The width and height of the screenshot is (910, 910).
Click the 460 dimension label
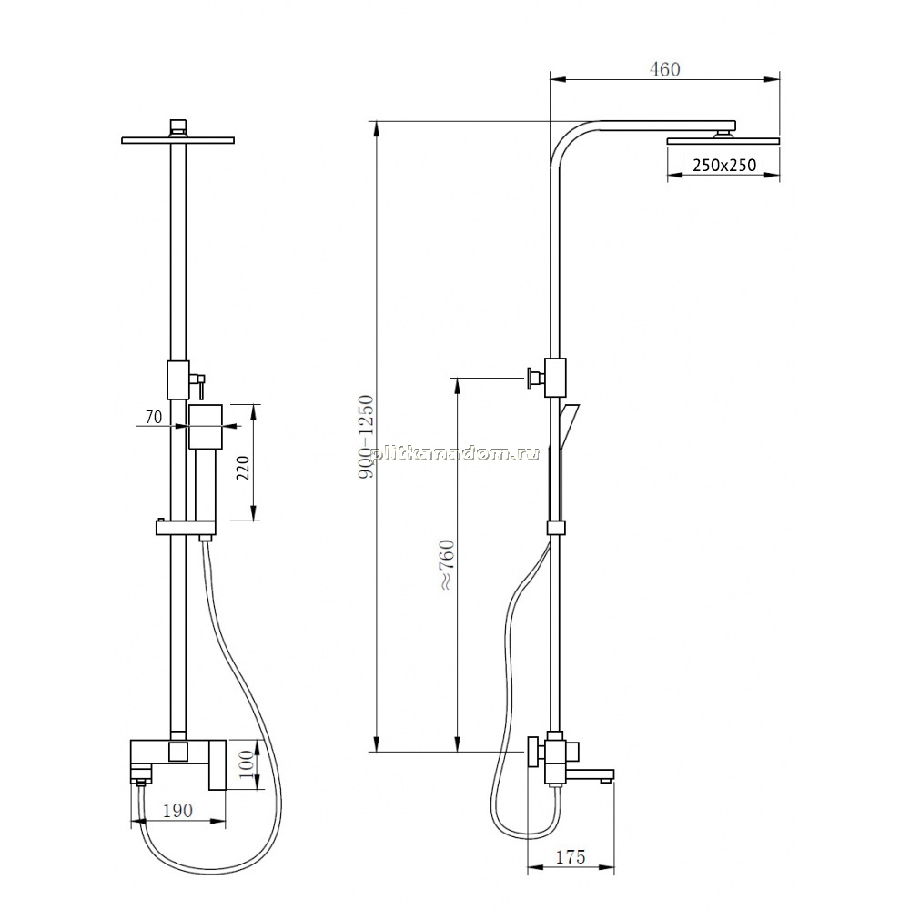point(664,69)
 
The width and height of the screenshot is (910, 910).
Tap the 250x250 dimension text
point(724,166)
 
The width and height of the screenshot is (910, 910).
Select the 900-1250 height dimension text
point(366,437)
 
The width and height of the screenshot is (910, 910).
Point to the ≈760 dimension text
point(448,565)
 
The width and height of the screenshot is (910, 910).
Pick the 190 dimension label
point(177,810)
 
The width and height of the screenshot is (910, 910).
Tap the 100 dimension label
point(247,764)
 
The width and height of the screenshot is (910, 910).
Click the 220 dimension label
point(244,468)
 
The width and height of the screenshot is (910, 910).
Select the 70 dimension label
point(154,417)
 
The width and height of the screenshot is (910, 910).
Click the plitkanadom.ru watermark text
point(454,453)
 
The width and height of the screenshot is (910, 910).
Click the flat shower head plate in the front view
point(177,140)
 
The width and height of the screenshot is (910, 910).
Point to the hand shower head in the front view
point(206,427)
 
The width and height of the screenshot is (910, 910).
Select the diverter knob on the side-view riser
point(534,379)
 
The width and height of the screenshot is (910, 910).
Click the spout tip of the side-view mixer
point(606,780)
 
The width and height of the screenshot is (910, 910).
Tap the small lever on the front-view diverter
point(197,385)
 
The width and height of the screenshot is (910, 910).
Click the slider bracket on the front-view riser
point(185,527)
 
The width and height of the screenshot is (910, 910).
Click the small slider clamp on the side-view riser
point(556,527)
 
